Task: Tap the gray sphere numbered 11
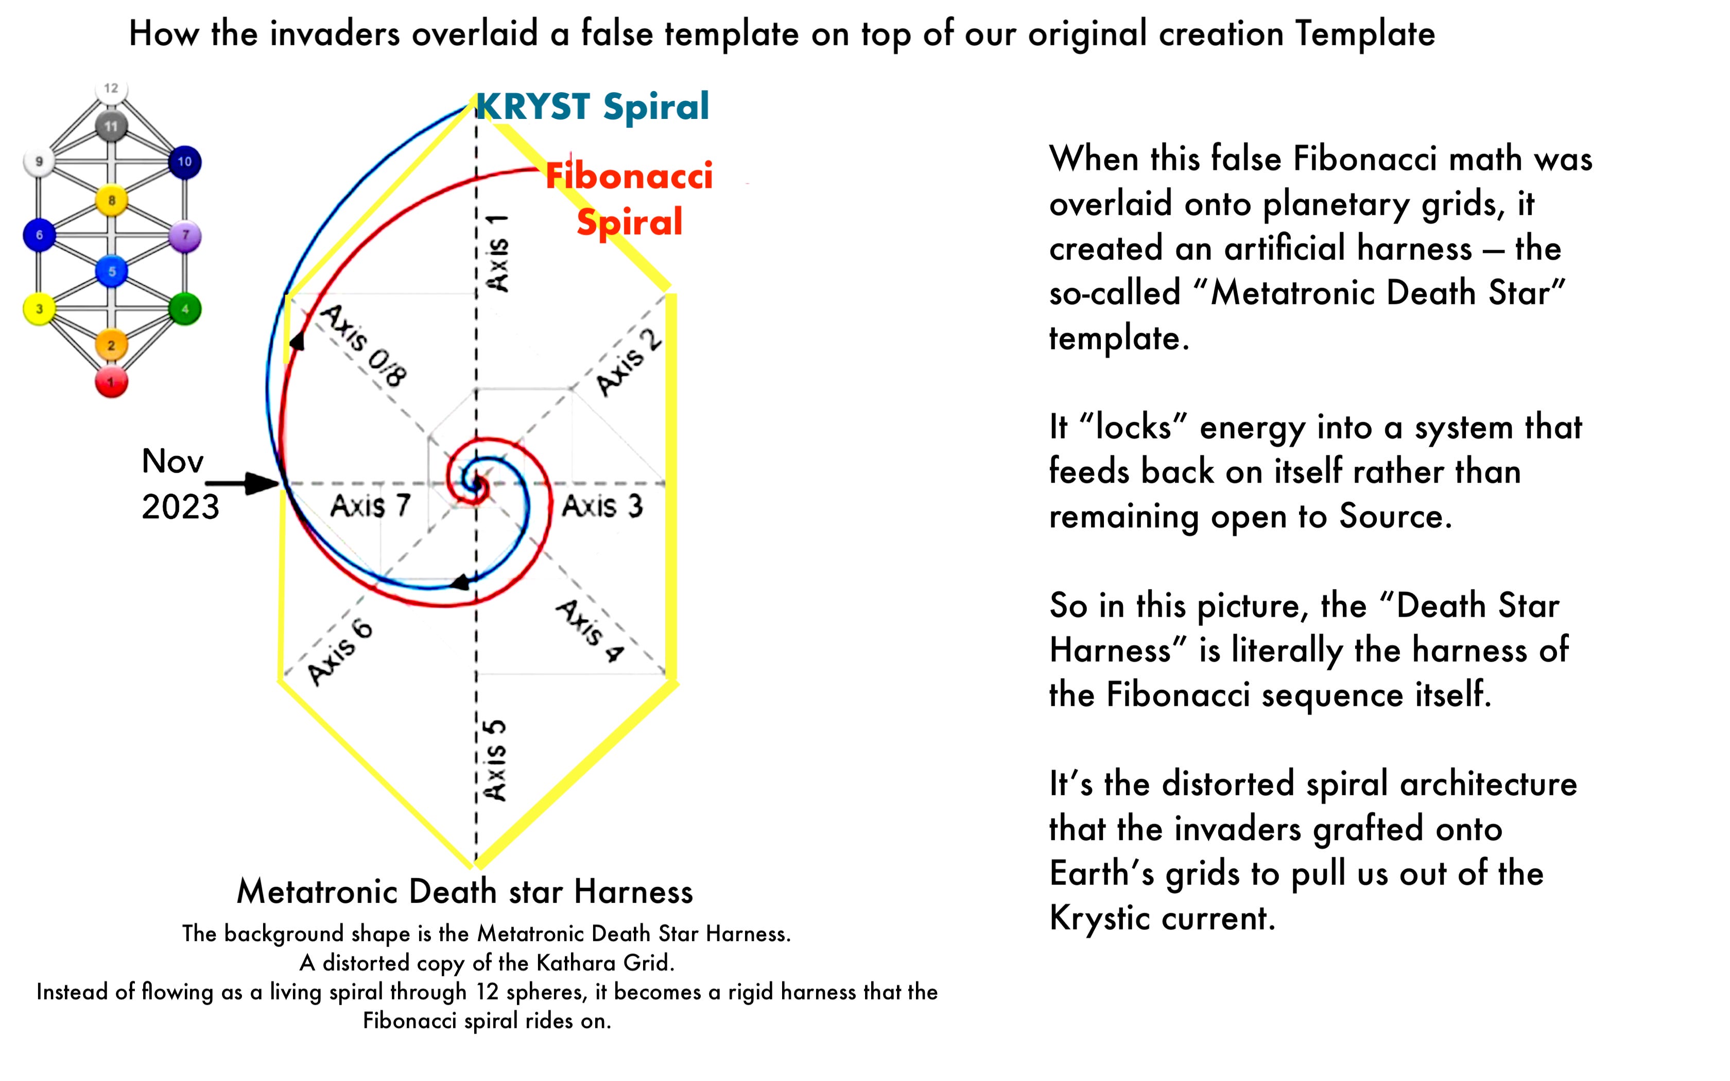point(111,127)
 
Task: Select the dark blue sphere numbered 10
point(184,162)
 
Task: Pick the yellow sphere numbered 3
point(39,309)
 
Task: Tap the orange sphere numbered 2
point(111,345)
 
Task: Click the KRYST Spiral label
point(592,107)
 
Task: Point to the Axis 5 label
point(495,760)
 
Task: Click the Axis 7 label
point(370,505)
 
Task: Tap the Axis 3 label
point(602,506)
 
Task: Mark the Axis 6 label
point(340,651)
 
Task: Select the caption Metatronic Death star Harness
point(464,892)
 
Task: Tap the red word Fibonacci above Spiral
point(629,176)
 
